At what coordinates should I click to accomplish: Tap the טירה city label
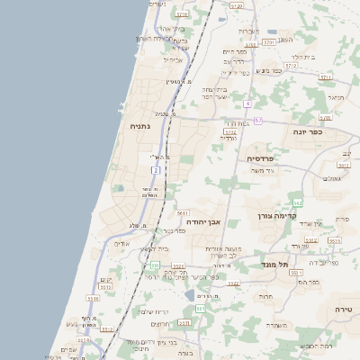click(x=342, y=309)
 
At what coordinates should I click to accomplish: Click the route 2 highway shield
click(x=156, y=169)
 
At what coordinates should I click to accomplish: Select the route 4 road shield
click(x=247, y=103)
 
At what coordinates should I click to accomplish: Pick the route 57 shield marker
click(x=258, y=120)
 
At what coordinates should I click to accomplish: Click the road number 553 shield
click(x=200, y=309)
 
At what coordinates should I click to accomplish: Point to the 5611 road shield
click(x=183, y=213)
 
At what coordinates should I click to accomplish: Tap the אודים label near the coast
click(x=122, y=243)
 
